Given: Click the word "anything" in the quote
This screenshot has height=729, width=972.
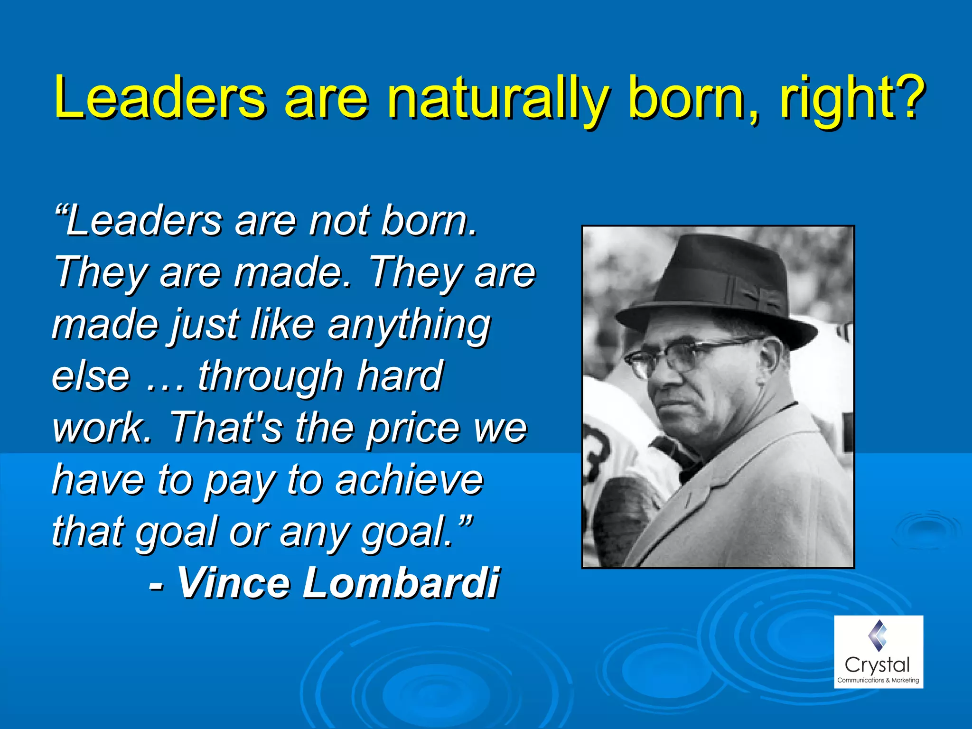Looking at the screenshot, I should [x=409, y=326].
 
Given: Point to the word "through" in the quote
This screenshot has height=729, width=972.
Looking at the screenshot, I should [x=270, y=376].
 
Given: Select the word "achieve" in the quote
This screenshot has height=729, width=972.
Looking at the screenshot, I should [x=409, y=480].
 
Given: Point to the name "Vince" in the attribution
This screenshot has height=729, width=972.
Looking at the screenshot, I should [x=232, y=583].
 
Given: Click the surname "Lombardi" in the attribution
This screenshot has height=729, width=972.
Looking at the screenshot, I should [x=401, y=583].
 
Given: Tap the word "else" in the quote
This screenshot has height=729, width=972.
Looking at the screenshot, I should [x=90, y=376].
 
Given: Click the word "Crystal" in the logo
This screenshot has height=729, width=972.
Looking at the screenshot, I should [x=878, y=664].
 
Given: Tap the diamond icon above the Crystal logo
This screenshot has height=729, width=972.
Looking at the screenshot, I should [x=878, y=635].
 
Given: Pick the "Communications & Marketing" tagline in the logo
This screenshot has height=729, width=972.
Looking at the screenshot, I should [x=878, y=680].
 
